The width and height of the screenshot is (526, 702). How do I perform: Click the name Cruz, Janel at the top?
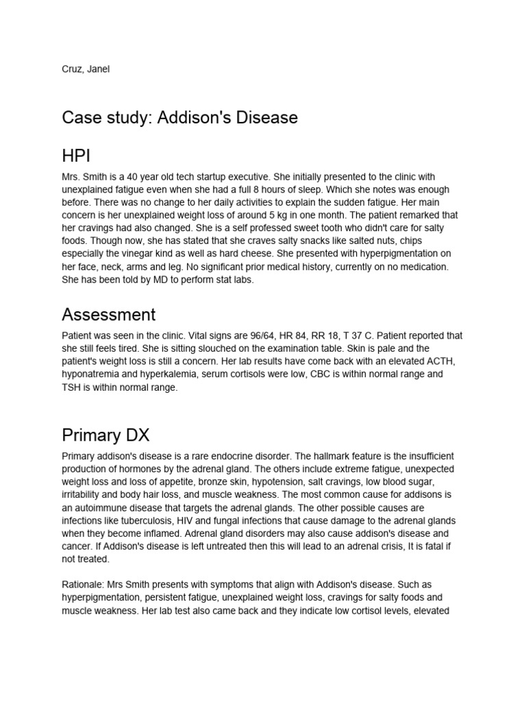[85, 69]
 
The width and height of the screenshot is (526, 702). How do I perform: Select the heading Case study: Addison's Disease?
[179, 117]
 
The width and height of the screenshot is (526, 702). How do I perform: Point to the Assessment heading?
[108, 315]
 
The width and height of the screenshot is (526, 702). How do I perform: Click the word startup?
[205, 177]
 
